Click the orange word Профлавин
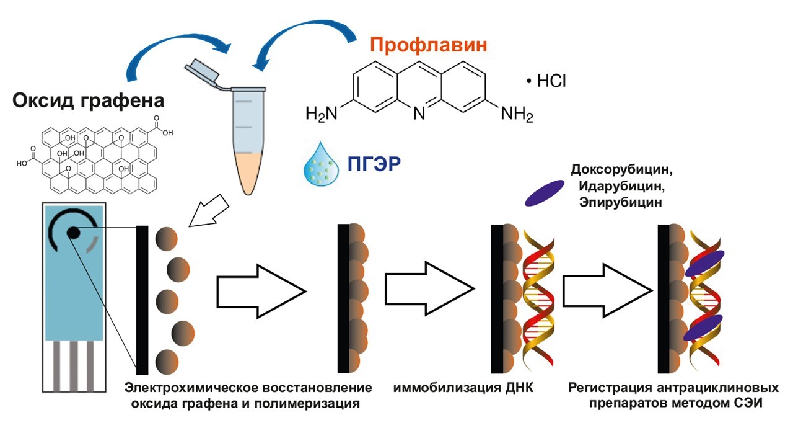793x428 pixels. coord(427,45)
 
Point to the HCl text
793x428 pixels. coord(546,81)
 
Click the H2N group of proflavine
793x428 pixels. coord(322,115)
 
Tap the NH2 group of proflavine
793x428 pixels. coord(517,115)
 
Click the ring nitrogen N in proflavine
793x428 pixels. coord(419,115)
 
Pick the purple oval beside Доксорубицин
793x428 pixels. coord(545,193)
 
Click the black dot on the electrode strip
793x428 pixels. coord(73,233)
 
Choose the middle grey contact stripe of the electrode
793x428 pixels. coord(73,366)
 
